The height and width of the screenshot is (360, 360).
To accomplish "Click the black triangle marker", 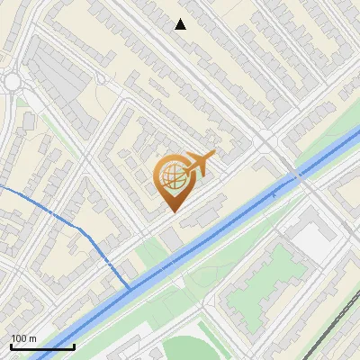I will click(180, 24).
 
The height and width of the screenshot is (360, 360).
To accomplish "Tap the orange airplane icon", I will click(198, 164).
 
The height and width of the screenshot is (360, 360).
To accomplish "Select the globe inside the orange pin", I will click(171, 179).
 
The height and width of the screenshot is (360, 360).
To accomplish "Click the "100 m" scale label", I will click(22, 338).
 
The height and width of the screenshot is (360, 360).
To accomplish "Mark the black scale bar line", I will click(42, 346).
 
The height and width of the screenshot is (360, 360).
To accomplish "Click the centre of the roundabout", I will click(12, 82).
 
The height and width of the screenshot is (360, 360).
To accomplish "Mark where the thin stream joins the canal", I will click(130, 288).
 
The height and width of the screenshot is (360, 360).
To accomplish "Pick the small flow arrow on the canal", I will click(274, 193).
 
